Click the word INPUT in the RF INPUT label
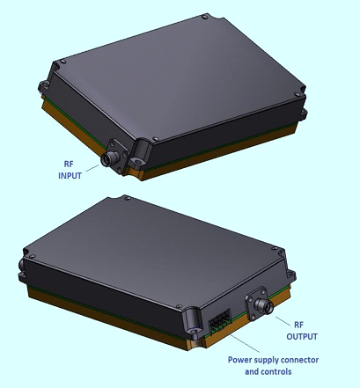pos(70,176)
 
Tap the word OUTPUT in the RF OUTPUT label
pos(302,336)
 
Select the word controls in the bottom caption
pos(276,371)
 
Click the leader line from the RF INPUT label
pos(92,168)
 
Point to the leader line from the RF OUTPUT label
pos(283,320)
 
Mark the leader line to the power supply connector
pos(245,343)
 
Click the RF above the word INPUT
pos(69,164)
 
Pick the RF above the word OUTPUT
pos(298,325)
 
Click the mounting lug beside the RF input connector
pos(140,155)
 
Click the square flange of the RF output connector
pos(256,304)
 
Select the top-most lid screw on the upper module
pos(204,18)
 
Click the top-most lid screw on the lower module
pos(127,198)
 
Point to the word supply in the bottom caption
pos(265,361)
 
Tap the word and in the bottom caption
pos(252,371)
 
